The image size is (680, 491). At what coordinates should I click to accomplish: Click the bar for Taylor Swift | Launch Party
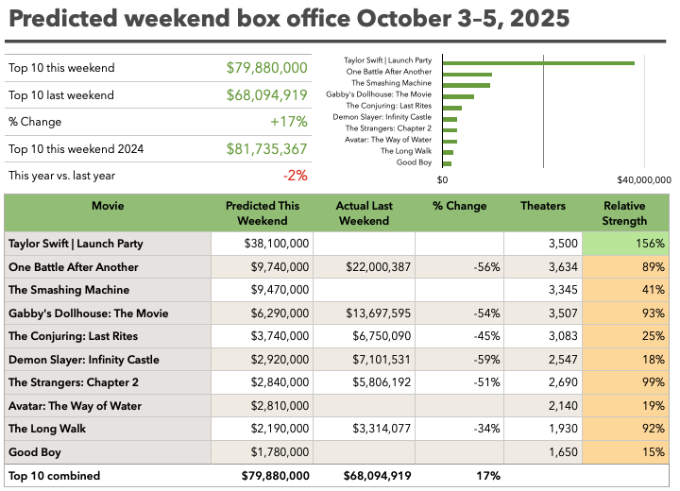(x=538, y=63)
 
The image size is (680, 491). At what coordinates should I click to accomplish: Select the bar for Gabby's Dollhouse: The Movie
(x=458, y=95)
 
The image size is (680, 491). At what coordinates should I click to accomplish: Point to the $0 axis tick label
(x=443, y=179)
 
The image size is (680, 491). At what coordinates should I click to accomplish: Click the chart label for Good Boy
(x=414, y=162)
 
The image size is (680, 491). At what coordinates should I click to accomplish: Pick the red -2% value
(x=296, y=176)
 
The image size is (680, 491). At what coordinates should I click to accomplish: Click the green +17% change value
(x=289, y=122)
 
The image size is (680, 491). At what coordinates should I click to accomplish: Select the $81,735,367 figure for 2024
(x=267, y=149)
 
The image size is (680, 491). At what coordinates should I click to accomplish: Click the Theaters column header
(x=543, y=206)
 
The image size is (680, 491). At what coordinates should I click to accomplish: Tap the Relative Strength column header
(x=625, y=213)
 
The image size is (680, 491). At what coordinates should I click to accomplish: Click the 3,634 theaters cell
(x=550, y=267)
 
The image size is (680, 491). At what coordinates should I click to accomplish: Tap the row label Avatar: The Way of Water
(x=75, y=406)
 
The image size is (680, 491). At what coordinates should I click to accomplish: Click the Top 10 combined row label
(x=54, y=476)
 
